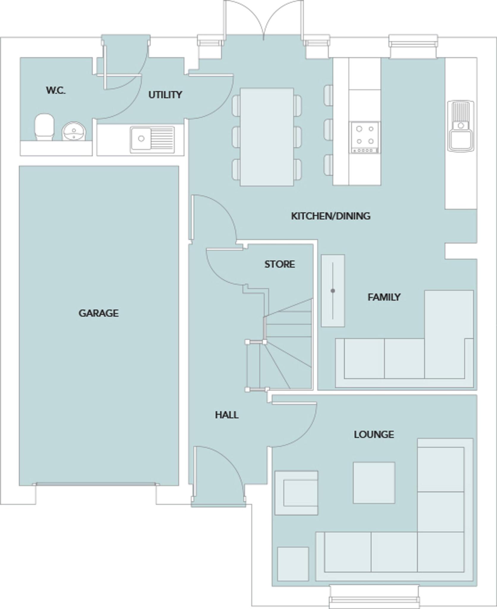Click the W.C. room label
56,90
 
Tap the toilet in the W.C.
45,127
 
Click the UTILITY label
165,95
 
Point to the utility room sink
152,139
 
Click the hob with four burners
365,137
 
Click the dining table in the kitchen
267,137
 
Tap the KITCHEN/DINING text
330,216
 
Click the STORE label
280,264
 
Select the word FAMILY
384,297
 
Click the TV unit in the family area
333,291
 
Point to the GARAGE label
98,313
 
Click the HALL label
227,415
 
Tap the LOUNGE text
374,434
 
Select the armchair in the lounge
296,493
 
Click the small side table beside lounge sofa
293,564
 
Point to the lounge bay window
374,597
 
